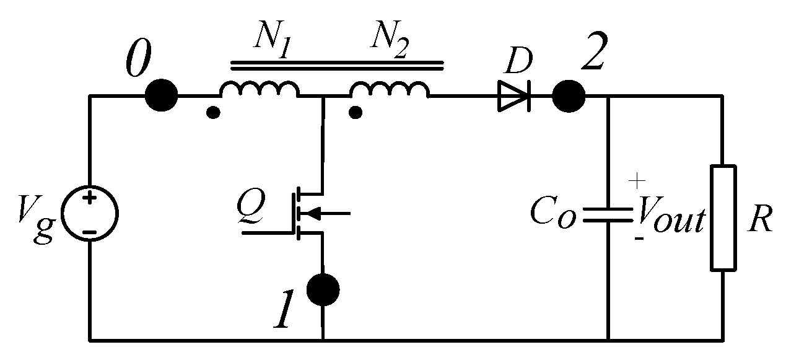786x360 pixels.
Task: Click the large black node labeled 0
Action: pos(161,96)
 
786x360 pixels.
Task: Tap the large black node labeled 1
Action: pos(324,289)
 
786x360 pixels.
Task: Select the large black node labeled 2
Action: pos(568,96)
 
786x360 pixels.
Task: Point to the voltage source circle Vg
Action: pos(90,214)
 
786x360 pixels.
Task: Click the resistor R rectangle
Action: pos(723,217)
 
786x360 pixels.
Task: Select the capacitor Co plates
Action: pos(608,215)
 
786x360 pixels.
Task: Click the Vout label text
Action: pos(670,219)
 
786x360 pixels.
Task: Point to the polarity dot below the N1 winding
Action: pos(212,113)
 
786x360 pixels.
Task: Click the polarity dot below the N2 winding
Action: pos(356,113)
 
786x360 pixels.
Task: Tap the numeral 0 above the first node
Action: pos(138,61)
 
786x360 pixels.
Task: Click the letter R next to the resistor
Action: pos(759,218)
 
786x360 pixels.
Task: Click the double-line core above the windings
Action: pos(338,63)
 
